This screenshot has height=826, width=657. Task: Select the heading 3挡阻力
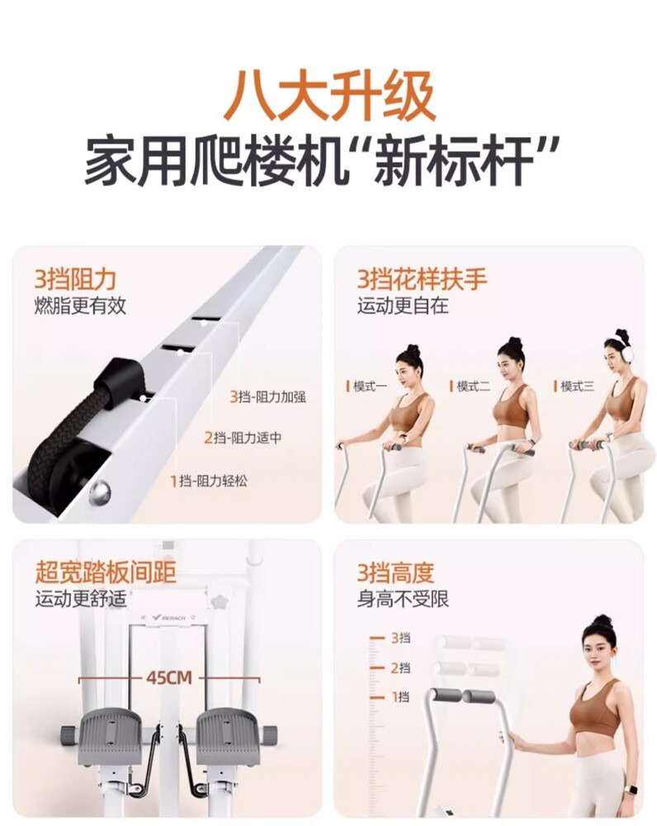click(x=75, y=279)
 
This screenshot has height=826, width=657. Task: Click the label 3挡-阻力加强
click(x=267, y=396)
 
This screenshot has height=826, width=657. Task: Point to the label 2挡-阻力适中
click(x=243, y=437)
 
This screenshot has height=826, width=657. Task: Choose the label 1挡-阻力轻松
click(x=209, y=481)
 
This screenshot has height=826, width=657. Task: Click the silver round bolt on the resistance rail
click(x=100, y=493)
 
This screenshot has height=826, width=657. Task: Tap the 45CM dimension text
click(x=169, y=678)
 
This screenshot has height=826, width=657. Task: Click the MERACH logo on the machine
click(x=168, y=617)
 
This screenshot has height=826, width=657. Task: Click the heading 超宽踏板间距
click(x=106, y=572)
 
